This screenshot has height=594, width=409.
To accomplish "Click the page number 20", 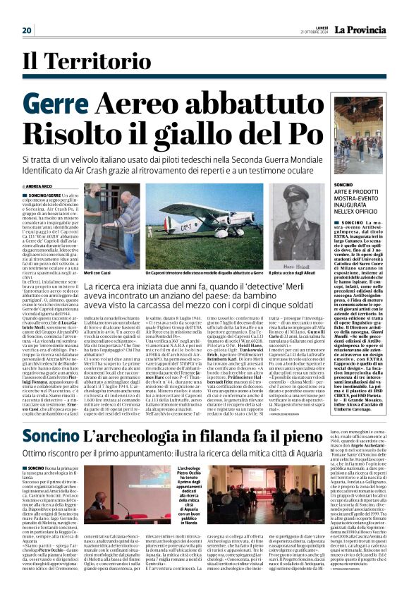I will tap(28, 30).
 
